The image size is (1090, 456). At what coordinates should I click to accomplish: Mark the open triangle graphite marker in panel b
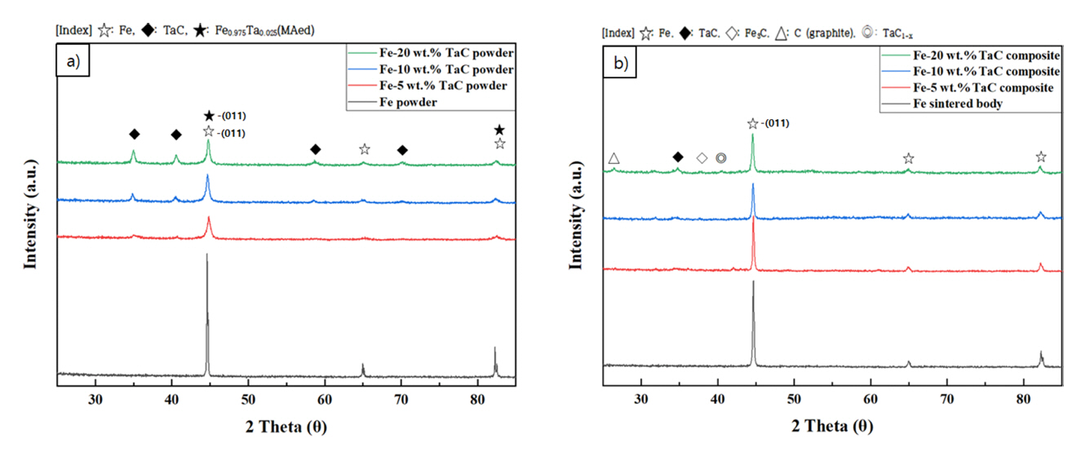pyautogui.click(x=614, y=158)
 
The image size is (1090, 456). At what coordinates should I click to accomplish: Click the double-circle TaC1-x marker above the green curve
pyautogui.click(x=720, y=158)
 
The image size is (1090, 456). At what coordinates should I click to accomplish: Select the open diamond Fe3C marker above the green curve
pyautogui.click(x=702, y=158)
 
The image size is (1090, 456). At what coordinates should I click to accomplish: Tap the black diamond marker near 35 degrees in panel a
pyautogui.click(x=134, y=134)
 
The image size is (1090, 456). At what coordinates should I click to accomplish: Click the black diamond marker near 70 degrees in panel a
pyautogui.click(x=402, y=149)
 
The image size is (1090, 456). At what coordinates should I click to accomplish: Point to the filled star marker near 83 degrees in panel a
pyautogui.click(x=499, y=131)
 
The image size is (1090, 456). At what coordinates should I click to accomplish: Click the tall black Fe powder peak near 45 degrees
pyautogui.click(x=207, y=310)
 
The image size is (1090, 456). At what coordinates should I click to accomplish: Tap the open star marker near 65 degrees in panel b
pyautogui.click(x=908, y=158)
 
